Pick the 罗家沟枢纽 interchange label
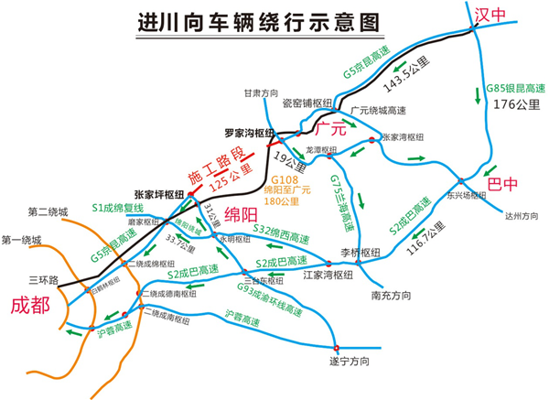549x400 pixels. (x=249, y=133)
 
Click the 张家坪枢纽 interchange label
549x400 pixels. (x=158, y=195)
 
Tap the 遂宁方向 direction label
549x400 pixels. (x=350, y=362)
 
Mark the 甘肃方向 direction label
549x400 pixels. (x=259, y=93)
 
